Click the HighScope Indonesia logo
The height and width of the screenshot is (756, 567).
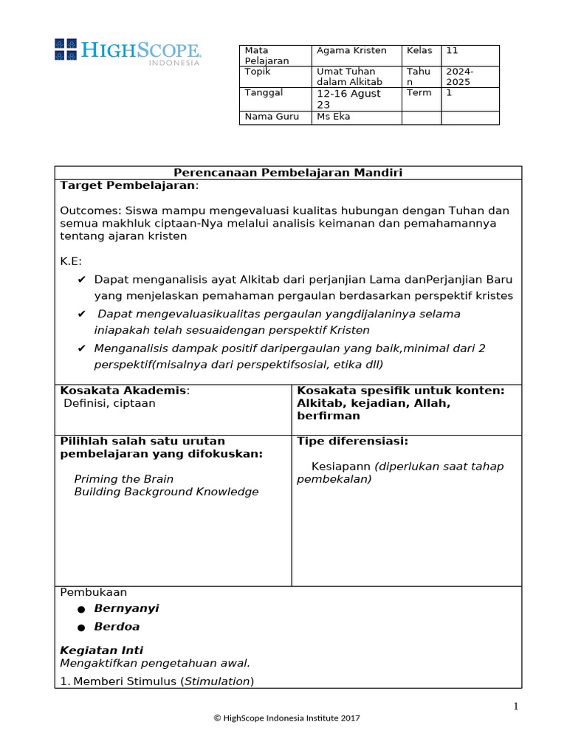point(127,51)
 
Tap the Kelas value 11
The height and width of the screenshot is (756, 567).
point(452,50)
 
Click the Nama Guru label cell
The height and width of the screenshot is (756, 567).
point(267,117)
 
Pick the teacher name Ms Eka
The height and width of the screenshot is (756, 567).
point(334,117)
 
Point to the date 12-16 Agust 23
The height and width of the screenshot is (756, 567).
point(348,99)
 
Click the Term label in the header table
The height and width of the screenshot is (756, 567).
point(419,93)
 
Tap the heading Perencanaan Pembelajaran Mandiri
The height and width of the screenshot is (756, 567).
point(288,173)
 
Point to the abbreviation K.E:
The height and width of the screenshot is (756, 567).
point(71,261)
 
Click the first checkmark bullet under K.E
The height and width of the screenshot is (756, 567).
point(81,280)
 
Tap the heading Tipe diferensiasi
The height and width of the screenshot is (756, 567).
point(352,441)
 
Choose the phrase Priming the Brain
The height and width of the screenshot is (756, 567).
point(124,479)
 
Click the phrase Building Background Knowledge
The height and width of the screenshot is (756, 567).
point(166,492)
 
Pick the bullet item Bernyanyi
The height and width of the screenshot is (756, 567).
point(126,608)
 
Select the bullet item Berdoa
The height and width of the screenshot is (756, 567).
point(117,627)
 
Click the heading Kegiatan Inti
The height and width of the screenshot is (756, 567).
point(101,650)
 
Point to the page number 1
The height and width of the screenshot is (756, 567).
point(516,707)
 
